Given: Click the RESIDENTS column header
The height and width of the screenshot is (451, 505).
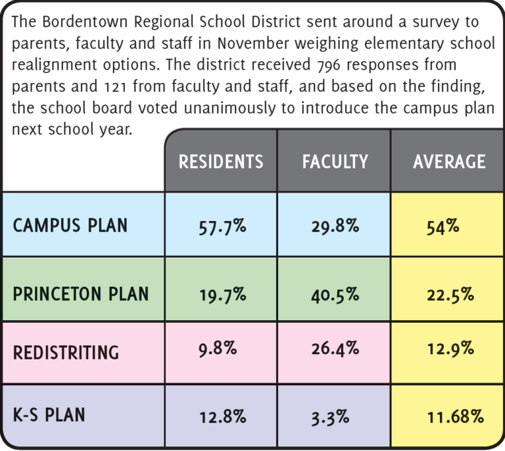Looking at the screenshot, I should click(x=221, y=162).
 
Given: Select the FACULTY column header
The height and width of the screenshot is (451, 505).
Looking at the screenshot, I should click(x=335, y=162).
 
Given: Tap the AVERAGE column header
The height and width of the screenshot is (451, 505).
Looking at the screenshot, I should click(x=449, y=162).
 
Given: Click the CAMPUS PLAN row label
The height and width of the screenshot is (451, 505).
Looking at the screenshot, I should click(x=70, y=225).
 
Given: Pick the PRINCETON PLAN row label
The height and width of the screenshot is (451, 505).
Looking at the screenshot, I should click(x=81, y=293).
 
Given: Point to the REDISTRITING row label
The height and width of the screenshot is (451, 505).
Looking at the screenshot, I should click(x=66, y=352).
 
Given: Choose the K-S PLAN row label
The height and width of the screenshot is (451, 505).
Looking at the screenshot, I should click(x=49, y=415).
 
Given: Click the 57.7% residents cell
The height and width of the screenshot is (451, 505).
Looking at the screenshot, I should click(x=222, y=227).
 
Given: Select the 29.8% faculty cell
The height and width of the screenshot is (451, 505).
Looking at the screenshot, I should click(x=335, y=227).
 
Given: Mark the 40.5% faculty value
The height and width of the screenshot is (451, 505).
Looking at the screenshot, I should click(x=335, y=294).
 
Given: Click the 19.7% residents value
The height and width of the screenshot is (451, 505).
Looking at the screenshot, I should click(x=222, y=294).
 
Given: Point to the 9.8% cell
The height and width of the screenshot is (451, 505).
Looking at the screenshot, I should click(x=217, y=348).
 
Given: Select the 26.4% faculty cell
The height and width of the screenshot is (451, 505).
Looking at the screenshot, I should click(x=335, y=348).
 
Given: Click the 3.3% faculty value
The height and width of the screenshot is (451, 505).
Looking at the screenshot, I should click(x=331, y=415).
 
